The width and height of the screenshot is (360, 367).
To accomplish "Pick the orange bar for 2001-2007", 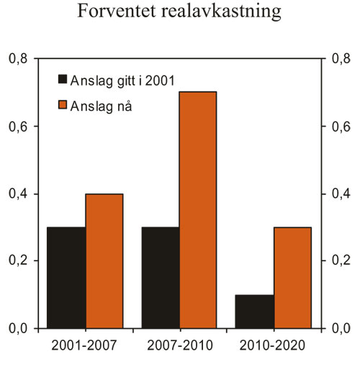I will tap(104, 260).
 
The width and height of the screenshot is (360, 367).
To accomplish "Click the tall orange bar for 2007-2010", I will tap(198, 209).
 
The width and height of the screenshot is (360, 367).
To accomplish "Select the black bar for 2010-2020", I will tap(254, 311).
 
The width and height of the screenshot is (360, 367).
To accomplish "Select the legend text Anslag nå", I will tap(100, 106).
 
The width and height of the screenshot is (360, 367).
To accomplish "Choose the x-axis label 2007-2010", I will tap(179, 346).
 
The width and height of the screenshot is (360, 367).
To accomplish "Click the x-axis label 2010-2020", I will tap(273, 346).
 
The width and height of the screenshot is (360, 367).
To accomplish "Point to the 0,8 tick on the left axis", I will tap(18, 59).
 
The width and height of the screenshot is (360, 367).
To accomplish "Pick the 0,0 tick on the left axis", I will tap(18, 328).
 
